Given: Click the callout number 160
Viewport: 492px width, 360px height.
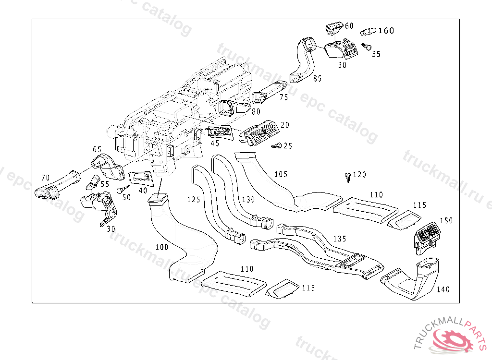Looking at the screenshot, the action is (x=386, y=30).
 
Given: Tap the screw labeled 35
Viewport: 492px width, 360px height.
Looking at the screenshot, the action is (x=366, y=47).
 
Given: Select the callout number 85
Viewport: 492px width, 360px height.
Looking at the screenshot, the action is (x=317, y=78).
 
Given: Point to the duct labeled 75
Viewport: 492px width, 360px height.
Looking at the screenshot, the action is (x=269, y=92).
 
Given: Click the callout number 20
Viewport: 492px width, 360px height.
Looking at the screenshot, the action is (x=284, y=125).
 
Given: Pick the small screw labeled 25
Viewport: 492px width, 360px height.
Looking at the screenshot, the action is (x=276, y=146).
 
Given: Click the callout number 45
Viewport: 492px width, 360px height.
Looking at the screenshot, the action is (x=215, y=144).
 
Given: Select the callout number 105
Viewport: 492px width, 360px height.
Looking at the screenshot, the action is (x=281, y=174).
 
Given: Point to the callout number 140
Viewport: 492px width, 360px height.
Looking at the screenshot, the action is (x=443, y=289).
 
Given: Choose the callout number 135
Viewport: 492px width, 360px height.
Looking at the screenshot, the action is (x=340, y=239).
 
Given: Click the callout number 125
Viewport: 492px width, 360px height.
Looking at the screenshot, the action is (x=194, y=200).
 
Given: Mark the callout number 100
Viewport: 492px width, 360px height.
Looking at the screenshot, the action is (x=162, y=247).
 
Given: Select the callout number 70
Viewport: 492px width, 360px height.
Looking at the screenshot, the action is (x=46, y=178).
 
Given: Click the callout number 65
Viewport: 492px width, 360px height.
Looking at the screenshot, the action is (x=97, y=149).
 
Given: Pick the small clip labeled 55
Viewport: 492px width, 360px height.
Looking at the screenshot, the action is (x=93, y=182).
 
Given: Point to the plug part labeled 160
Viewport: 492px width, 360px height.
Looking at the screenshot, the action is (x=368, y=31).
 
